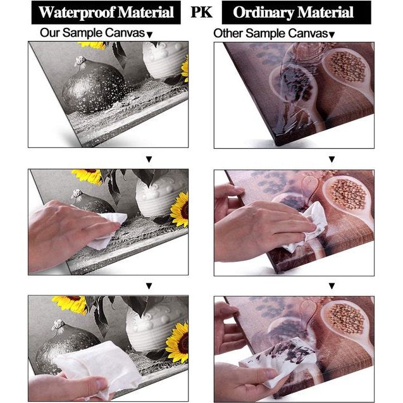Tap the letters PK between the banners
(201, 12)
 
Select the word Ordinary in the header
(263, 13)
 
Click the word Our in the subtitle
(49, 33)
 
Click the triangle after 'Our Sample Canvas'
(149, 34)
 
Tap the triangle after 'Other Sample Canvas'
(332, 35)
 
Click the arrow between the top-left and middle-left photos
(149, 159)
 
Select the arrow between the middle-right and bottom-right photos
(332, 286)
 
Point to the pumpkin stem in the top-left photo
(80, 62)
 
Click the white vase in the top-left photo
(164, 59)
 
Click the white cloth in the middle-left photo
(108, 230)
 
